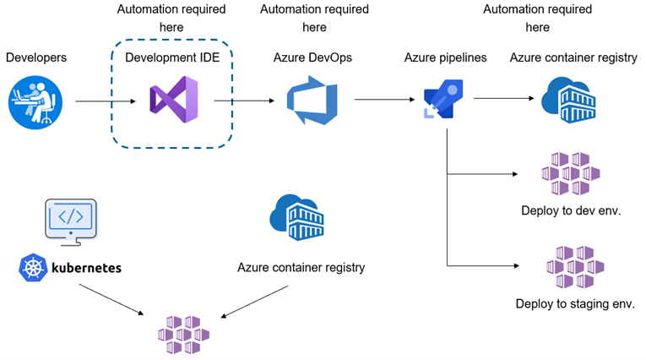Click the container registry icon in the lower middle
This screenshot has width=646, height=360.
297,217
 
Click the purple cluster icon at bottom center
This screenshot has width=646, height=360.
184,335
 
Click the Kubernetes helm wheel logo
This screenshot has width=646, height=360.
32,268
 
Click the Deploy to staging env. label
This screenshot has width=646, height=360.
574,303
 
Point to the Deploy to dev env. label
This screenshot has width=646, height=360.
572,210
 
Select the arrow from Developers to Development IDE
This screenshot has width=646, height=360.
106,102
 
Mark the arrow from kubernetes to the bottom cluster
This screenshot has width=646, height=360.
110,300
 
